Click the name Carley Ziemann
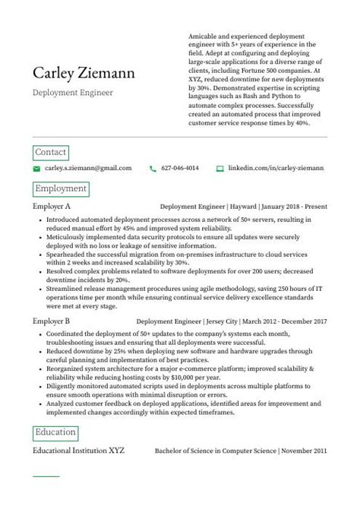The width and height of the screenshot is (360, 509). point(84,73)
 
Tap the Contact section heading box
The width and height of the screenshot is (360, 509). point(51,152)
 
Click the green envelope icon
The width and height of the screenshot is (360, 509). point(36,169)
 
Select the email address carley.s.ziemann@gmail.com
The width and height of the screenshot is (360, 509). point(87,169)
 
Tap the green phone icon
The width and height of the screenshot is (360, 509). point(153,169)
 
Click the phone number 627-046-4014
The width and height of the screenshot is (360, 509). point(181,169)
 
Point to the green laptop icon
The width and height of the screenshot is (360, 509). point(220,169)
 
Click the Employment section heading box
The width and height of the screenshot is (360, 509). point(61,188)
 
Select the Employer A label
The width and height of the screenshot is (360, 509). point(52,206)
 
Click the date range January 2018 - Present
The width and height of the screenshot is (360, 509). point(295,206)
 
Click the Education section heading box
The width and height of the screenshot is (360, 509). point(56,432)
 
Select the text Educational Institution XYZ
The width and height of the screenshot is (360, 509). point(78,450)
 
